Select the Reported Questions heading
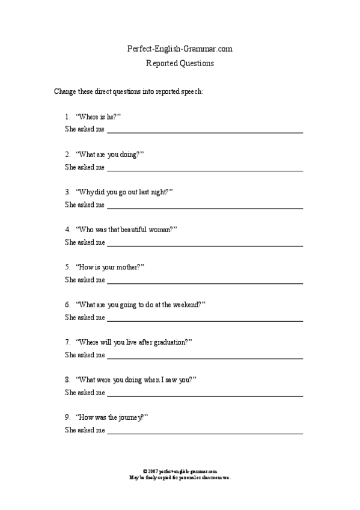click(x=180, y=63)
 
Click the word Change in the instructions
click(x=64, y=93)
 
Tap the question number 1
click(x=67, y=117)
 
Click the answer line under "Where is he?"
click(x=204, y=132)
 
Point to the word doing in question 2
click(x=127, y=155)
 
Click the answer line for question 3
click(x=204, y=207)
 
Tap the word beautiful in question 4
click(x=131, y=229)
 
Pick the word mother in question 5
click(x=128, y=266)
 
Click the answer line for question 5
click(x=204, y=283)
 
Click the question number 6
click(x=67, y=304)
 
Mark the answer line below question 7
click(x=204, y=358)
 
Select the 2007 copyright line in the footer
click(x=180, y=472)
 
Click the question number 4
click(x=67, y=229)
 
